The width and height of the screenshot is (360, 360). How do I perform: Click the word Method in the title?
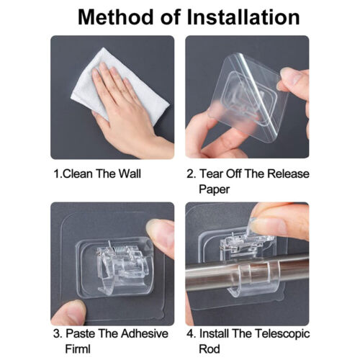(x=116, y=17)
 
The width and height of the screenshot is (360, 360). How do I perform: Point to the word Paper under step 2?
(x=214, y=189)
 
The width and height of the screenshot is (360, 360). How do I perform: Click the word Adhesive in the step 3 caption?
(x=144, y=333)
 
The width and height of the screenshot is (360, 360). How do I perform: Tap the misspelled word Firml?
(x=78, y=349)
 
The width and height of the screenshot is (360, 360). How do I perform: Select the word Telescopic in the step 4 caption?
(x=282, y=334)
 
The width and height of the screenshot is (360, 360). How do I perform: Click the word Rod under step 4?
(x=210, y=349)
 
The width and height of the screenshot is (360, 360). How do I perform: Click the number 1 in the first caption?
(x=57, y=174)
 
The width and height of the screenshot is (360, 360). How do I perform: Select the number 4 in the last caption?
(x=190, y=333)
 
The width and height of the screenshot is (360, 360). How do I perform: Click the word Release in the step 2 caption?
(x=288, y=174)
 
